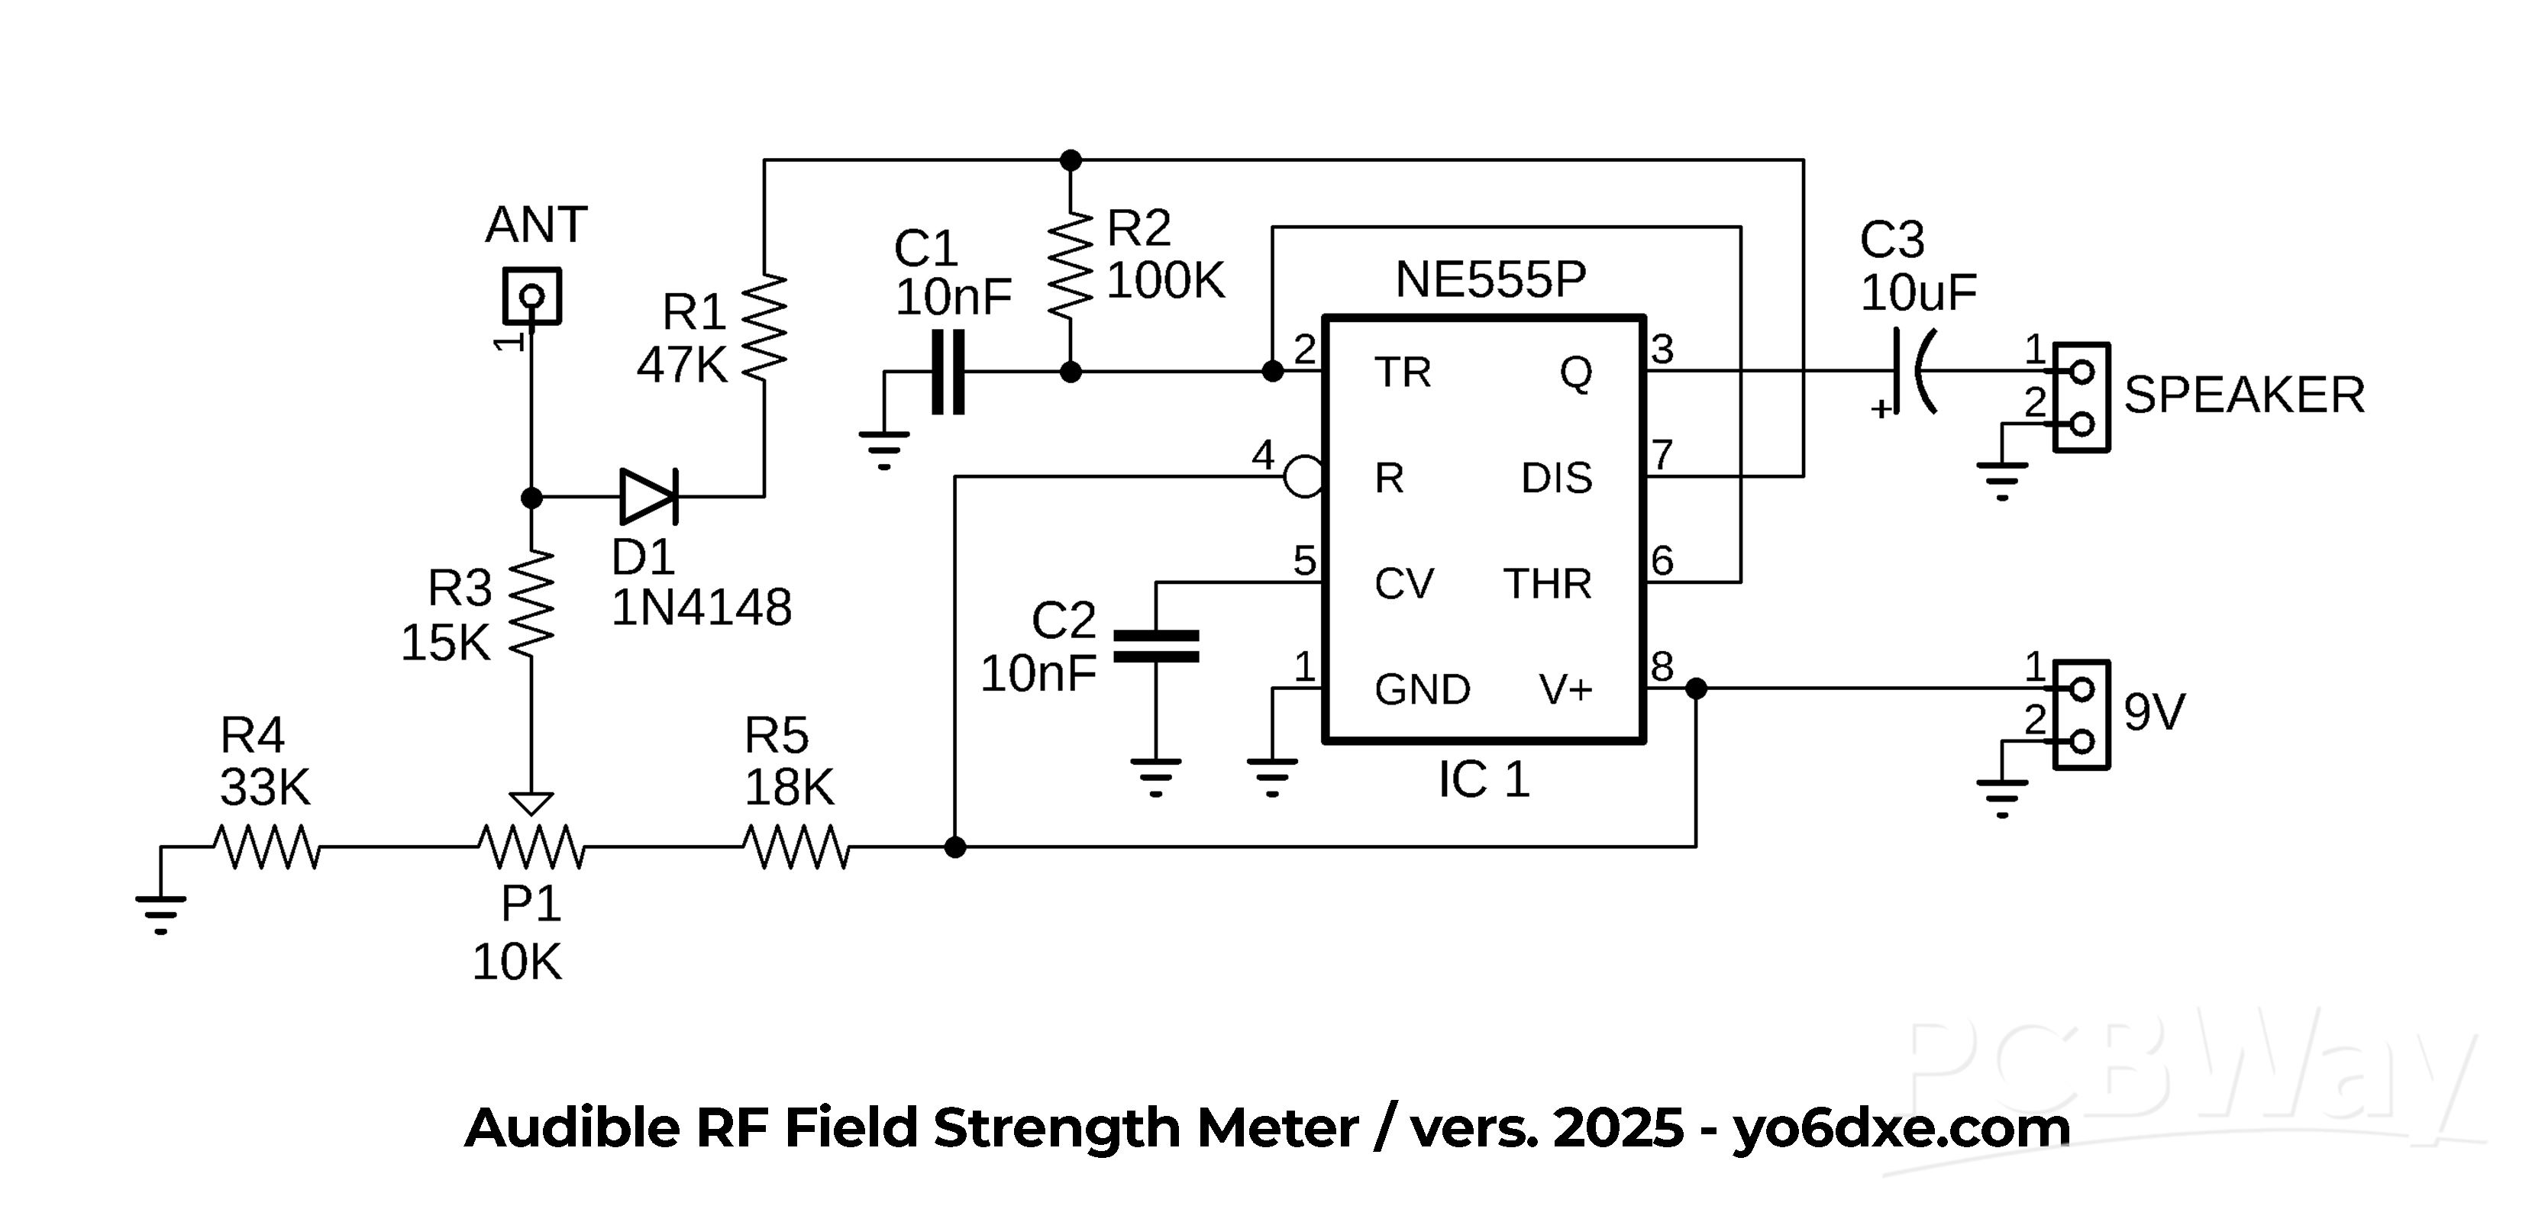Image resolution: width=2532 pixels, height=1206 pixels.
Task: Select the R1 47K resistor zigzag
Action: (764, 327)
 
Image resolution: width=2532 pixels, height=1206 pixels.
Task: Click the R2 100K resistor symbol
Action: (1071, 263)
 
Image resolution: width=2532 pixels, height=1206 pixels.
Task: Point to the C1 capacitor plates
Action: (948, 372)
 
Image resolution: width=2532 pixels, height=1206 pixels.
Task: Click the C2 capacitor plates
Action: (1156, 646)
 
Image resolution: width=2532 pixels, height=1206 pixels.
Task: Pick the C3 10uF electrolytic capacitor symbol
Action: (1910, 372)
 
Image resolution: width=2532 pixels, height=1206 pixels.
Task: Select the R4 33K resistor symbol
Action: (266, 847)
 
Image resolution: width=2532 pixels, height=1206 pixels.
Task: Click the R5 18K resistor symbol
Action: (794, 847)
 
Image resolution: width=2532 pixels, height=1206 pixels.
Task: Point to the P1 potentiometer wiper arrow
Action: (531, 803)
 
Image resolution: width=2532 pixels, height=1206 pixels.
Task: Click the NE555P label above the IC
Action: (1490, 280)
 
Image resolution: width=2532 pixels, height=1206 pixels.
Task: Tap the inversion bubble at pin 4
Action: (1303, 478)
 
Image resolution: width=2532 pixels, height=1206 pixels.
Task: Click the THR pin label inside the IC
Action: (1547, 584)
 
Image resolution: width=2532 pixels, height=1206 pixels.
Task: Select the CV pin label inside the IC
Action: (1403, 584)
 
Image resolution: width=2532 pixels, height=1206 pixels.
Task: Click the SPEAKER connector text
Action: (2244, 395)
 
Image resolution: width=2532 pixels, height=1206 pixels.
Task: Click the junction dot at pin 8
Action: (1696, 689)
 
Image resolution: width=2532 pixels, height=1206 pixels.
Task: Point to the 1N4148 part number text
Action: (701, 608)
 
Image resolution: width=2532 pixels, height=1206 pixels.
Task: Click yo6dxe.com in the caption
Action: (1901, 1127)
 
